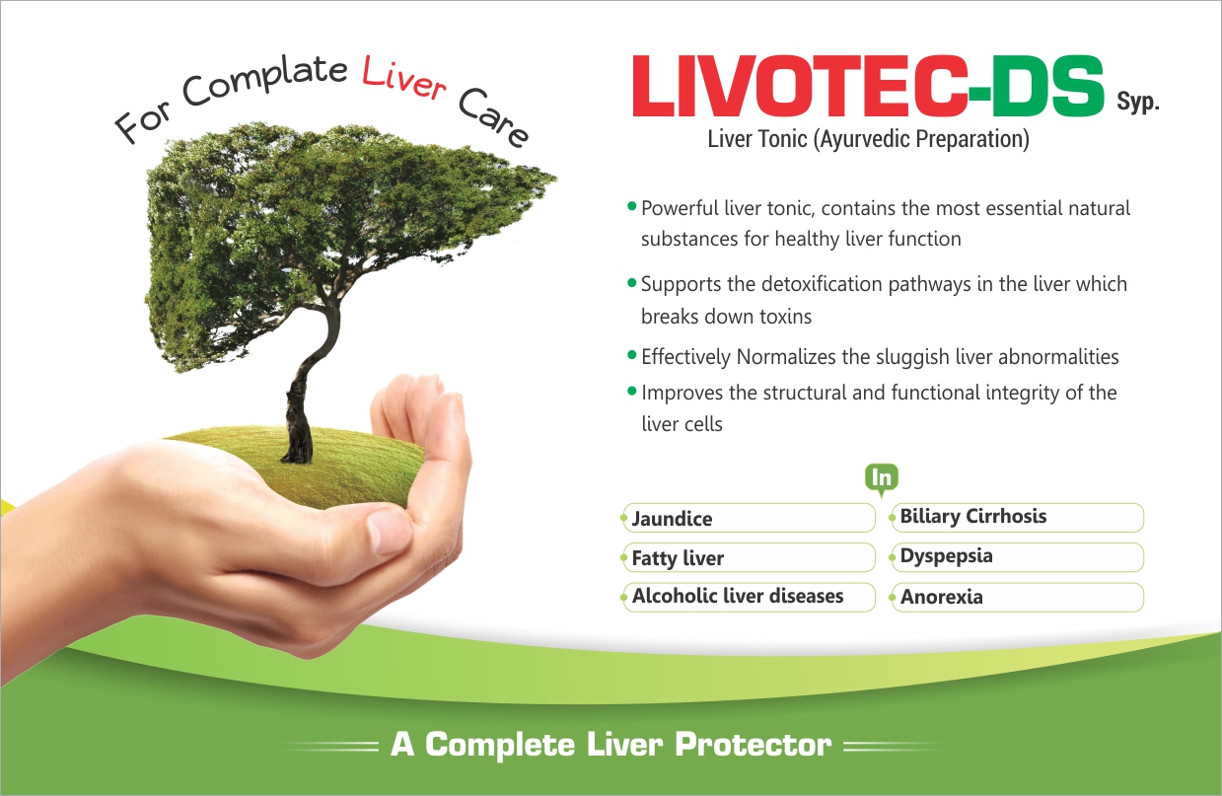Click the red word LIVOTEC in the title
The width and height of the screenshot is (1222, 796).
(800, 86)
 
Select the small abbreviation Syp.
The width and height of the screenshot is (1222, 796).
(1137, 102)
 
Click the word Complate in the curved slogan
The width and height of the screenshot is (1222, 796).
(264, 82)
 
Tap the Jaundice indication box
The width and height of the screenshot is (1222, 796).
(749, 518)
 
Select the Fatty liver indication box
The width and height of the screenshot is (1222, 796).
(749, 557)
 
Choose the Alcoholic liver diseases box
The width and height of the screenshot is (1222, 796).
(749, 597)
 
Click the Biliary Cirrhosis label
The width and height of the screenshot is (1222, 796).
(973, 516)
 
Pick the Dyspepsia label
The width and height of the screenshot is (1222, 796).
(947, 556)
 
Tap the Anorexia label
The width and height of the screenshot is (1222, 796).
(942, 597)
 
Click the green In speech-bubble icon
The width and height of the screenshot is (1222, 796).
(882, 479)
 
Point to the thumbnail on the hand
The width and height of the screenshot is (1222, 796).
(389, 532)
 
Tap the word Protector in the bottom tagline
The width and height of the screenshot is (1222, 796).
(754, 744)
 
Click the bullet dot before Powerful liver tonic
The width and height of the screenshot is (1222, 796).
(632, 206)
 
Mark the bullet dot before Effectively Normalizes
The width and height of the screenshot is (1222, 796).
(632, 355)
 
